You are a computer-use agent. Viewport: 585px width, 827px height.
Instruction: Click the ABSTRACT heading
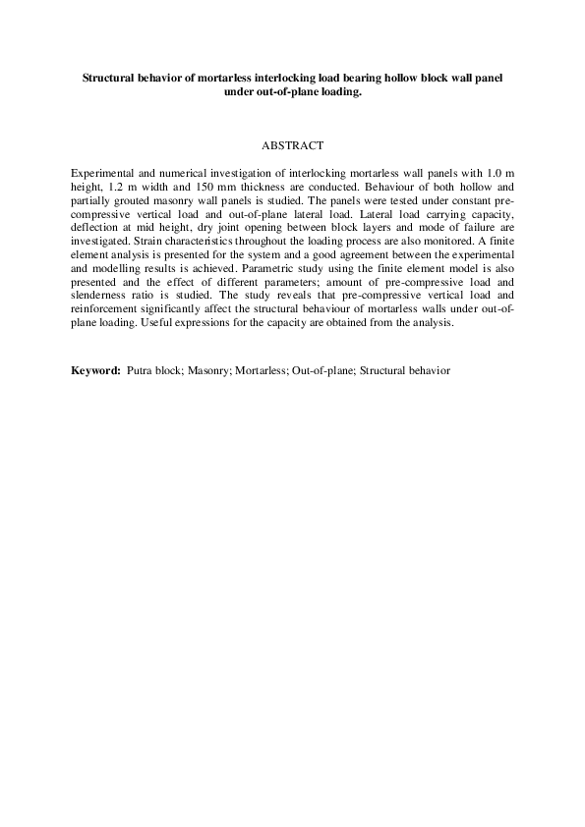coord(292,146)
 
